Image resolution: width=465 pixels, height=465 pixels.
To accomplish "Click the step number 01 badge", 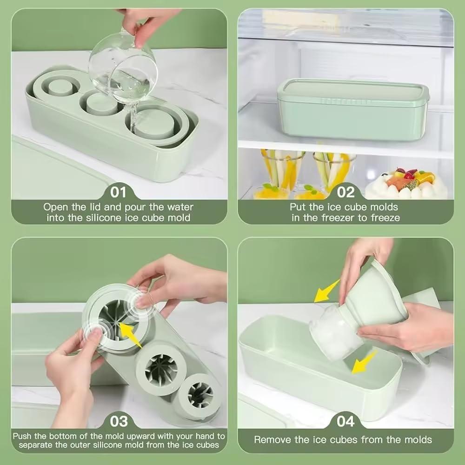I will point(119,192).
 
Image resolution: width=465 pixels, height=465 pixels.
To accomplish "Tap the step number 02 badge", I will point(345,192).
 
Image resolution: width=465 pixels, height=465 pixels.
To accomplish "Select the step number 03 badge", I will point(119,421).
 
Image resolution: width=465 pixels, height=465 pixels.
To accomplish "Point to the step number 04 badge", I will point(345,421).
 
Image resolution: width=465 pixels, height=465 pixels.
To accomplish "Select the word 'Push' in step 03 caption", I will point(23,436).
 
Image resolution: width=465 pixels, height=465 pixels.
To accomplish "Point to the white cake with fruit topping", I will point(405,184).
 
